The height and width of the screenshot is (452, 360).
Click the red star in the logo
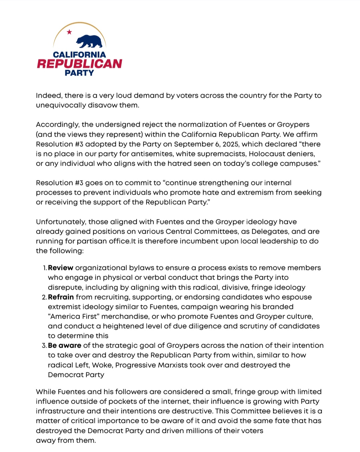(69, 32)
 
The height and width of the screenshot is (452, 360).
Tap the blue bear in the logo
(89, 41)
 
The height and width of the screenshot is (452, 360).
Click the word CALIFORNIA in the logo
(79, 54)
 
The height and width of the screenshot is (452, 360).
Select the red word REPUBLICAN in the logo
(79, 64)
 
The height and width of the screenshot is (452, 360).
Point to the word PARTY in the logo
(79, 73)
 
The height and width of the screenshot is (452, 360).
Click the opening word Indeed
(49, 96)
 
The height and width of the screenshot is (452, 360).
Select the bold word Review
(61, 268)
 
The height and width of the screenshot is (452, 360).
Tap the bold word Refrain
(61, 297)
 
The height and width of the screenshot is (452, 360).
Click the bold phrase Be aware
(65, 346)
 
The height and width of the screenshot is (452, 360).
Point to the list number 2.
(44, 297)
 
